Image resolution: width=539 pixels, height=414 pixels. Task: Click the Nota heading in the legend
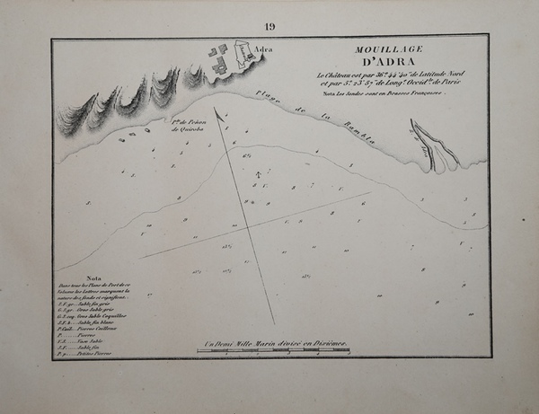pos(93,278)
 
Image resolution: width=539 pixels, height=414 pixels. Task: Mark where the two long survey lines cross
pos(248,226)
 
